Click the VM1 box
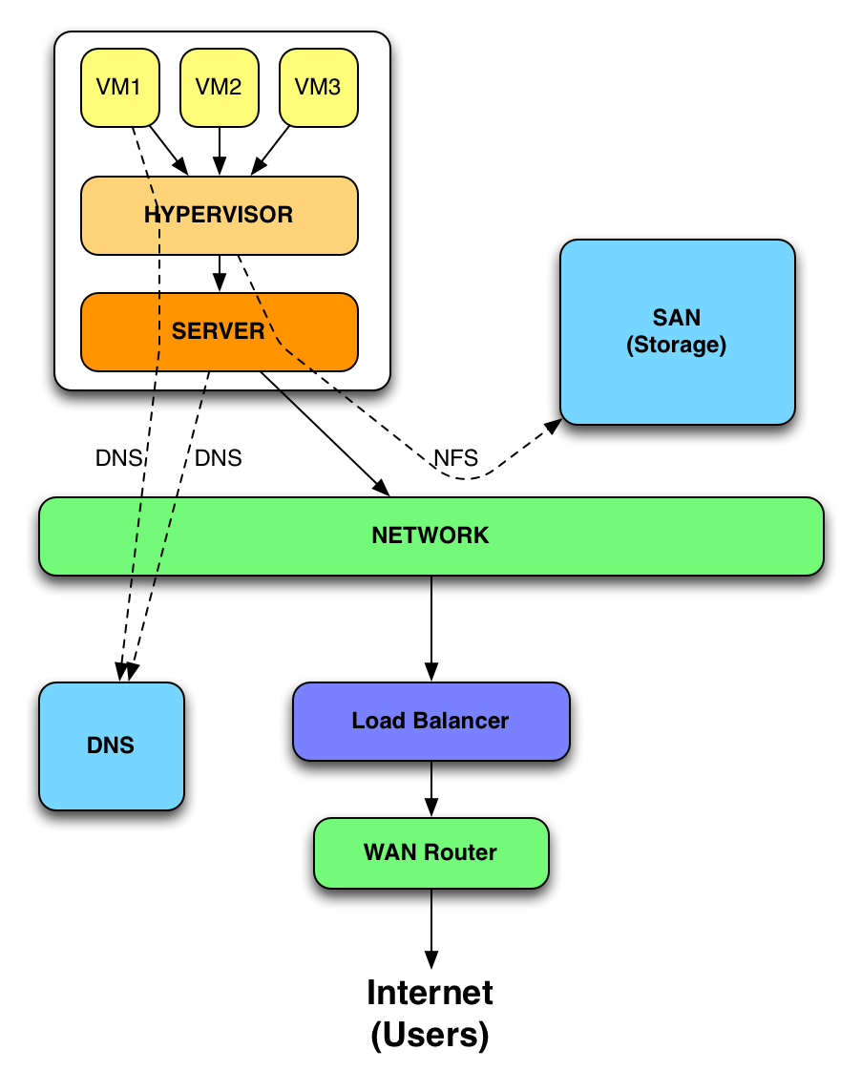pos(119,87)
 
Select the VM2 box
pos(219,87)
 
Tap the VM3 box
pos(318,87)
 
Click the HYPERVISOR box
pos(219,215)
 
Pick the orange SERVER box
pos(219,331)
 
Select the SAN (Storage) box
pos(677,331)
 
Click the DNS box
pos(111,745)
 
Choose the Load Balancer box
pos(430,721)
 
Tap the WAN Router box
pos(430,852)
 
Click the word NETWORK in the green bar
pos(430,535)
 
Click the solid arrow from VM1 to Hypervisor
pos(168,150)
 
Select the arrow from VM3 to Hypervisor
pos(271,150)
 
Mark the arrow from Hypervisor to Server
pos(220,273)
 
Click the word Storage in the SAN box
pos(677,345)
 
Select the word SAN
pos(677,318)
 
